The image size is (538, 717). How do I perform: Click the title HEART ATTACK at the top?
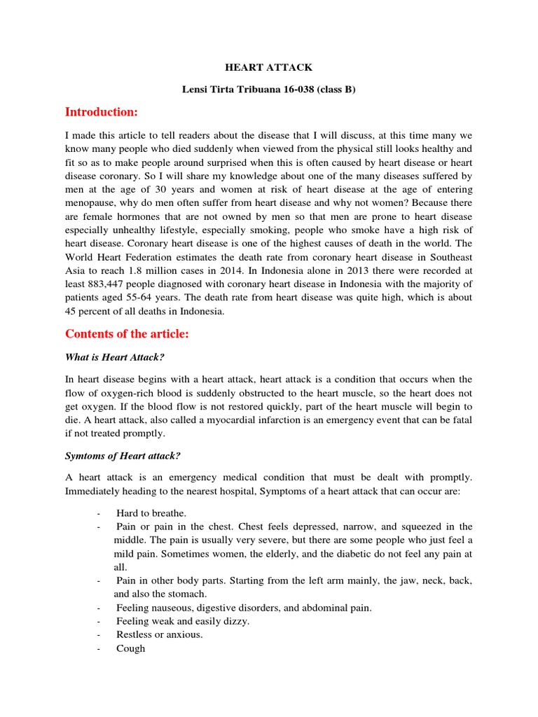click(x=268, y=68)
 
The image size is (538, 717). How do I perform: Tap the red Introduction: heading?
click(x=101, y=112)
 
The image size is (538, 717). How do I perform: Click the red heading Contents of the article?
click(x=127, y=334)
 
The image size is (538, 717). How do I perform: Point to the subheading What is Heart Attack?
click(x=114, y=357)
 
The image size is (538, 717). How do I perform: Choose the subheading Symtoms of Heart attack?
click(x=123, y=456)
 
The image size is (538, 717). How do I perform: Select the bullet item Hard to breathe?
click(x=151, y=513)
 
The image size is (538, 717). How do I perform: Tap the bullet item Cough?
click(x=131, y=648)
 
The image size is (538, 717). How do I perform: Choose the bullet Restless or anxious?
click(x=160, y=634)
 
